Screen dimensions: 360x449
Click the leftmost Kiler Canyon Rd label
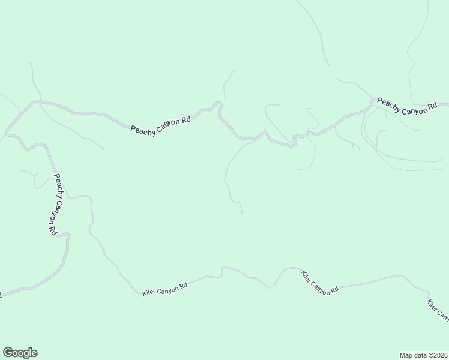tap(165, 289)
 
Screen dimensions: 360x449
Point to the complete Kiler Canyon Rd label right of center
tap(320, 281)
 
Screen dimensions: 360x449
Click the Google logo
tap(20, 353)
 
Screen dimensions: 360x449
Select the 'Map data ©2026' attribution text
tap(423, 355)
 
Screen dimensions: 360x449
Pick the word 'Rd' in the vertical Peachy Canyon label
tap(52, 230)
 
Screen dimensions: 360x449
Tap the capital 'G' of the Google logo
tap(8, 353)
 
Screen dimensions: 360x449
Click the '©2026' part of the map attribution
tap(436, 355)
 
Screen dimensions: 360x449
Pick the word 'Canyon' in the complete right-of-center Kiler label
tap(322, 281)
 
